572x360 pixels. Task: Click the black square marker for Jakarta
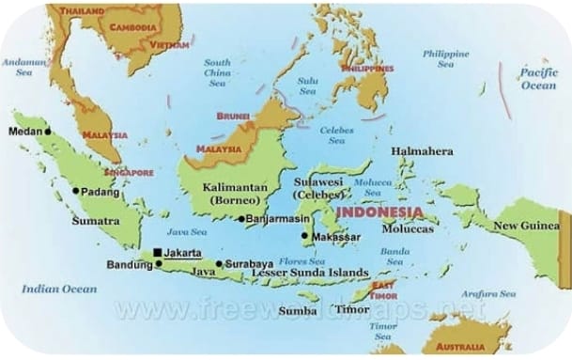pos(157,252)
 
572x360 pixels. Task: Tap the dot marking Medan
pos(48,132)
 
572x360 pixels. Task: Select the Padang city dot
pos(76,191)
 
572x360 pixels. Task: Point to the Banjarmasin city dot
pos(240,219)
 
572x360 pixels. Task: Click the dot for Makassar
pos(304,237)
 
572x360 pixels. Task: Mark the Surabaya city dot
pos(220,264)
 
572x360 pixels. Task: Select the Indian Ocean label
pos(60,289)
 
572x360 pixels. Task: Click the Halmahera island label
pos(422,151)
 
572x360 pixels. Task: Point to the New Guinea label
pos(526,226)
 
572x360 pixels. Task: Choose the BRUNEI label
pos(232,117)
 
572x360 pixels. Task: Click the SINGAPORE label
pos(129,173)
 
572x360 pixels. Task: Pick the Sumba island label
pos(299,310)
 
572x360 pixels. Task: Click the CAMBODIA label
pos(132,27)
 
